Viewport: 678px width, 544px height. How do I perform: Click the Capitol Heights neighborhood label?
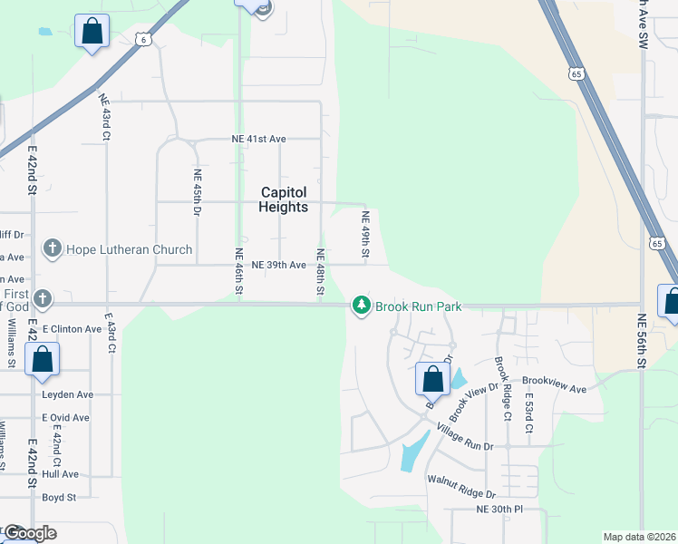pyautogui.click(x=285, y=199)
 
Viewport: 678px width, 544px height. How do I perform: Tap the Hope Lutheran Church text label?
pyautogui.click(x=129, y=249)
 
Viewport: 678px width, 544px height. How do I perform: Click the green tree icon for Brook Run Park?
pyautogui.click(x=362, y=306)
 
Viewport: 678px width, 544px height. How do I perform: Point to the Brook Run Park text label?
pyautogui.click(x=419, y=306)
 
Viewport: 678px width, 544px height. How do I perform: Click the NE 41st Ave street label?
pyautogui.click(x=257, y=139)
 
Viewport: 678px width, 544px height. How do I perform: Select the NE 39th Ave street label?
pyautogui.click(x=282, y=265)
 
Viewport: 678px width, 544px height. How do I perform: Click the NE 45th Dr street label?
pyautogui.click(x=197, y=192)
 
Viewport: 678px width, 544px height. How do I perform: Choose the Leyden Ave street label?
pyautogui.click(x=67, y=394)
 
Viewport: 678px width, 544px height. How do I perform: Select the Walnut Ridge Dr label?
pyautogui.click(x=461, y=487)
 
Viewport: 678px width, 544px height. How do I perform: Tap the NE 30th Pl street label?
pyautogui.click(x=500, y=510)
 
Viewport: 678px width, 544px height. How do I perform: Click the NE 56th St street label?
pyautogui.click(x=641, y=339)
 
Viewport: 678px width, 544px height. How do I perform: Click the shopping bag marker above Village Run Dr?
pyautogui.click(x=432, y=377)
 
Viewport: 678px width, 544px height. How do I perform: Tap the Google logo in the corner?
pyautogui.click(x=29, y=533)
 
